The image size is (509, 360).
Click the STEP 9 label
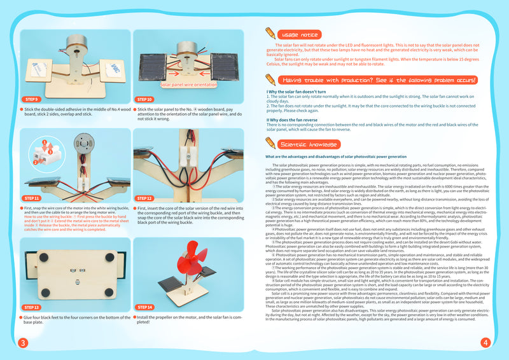point(32,99)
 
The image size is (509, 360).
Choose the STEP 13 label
point(32,307)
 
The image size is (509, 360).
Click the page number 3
point(22,343)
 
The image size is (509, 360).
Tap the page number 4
point(485,343)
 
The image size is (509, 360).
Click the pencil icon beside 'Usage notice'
point(270,33)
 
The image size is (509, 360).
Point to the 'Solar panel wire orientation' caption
point(188,83)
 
